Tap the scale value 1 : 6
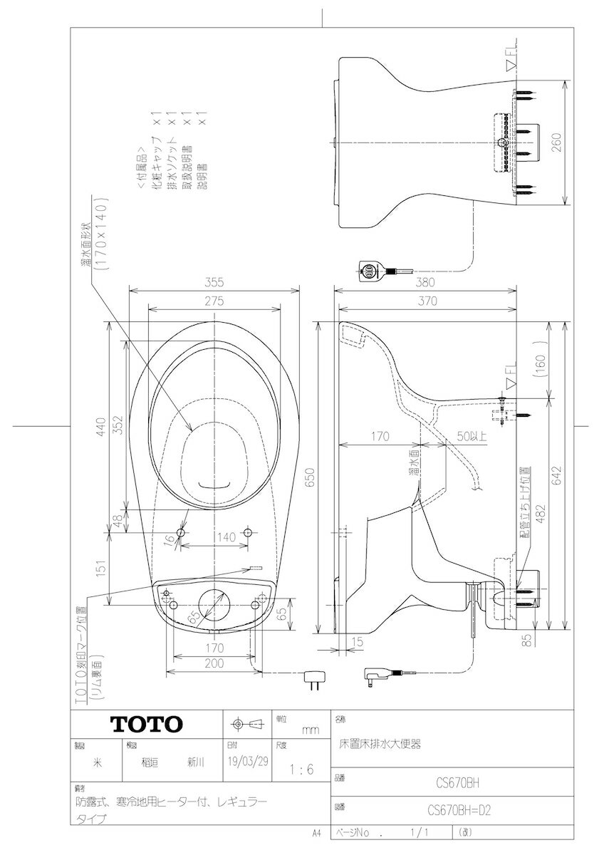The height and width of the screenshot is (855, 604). point(301,770)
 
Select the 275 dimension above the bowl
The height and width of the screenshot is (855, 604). point(214,301)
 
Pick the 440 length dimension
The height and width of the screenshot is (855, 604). point(102,427)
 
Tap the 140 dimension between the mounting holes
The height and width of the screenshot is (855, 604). point(226,538)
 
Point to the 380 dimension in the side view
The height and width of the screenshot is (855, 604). point(426,281)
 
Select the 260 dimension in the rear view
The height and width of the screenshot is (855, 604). point(557,142)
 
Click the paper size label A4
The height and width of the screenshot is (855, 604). point(317,832)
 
